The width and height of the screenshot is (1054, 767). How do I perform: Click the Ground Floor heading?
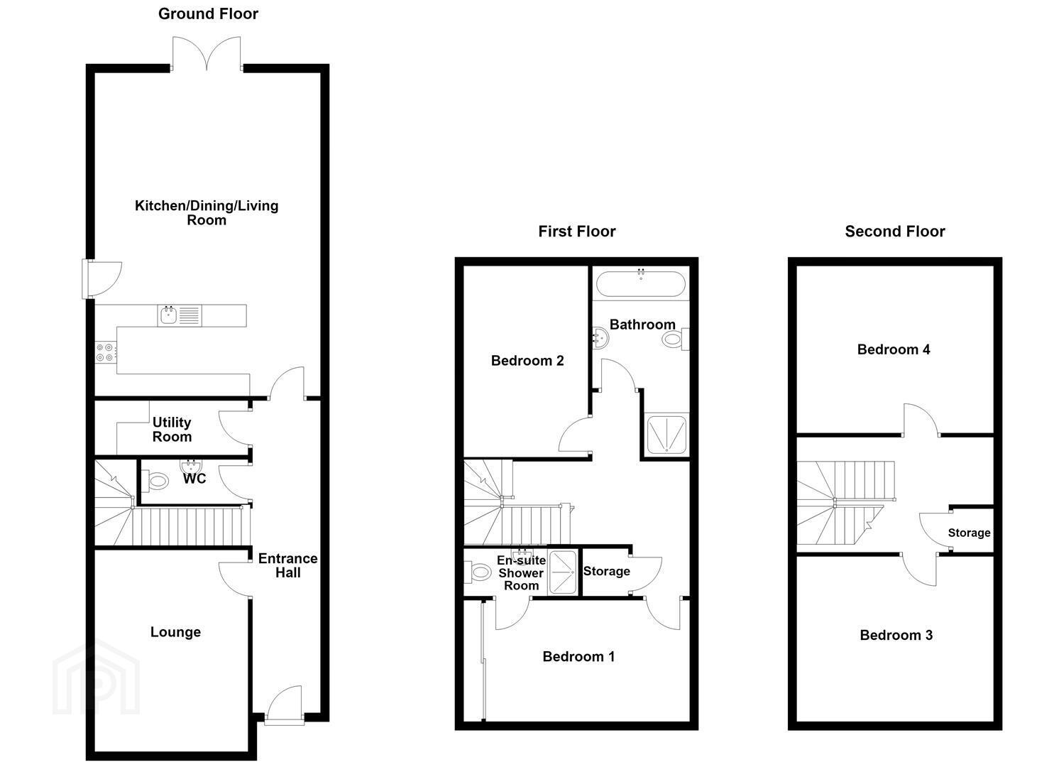pyautogui.click(x=208, y=14)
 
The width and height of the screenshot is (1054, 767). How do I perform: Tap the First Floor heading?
pyautogui.click(x=577, y=232)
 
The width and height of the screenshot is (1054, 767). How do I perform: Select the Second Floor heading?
pyautogui.click(x=895, y=232)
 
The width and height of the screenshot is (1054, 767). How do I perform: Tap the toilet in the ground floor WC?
pyautogui.click(x=155, y=482)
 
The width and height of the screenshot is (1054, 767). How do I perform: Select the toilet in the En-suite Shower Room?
pyautogui.click(x=478, y=572)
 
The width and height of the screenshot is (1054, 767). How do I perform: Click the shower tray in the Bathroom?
pyautogui.click(x=666, y=435)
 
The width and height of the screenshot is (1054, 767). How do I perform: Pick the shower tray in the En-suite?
pyautogui.click(x=563, y=572)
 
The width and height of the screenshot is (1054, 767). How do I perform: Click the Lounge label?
pyautogui.click(x=175, y=632)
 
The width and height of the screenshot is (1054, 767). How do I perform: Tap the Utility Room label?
pyautogui.click(x=172, y=430)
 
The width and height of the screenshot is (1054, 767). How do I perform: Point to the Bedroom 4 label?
pyautogui.click(x=894, y=349)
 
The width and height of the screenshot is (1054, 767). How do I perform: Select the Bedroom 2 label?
pyautogui.click(x=527, y=361)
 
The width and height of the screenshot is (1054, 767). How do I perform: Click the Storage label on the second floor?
pyautogui.click(x=969, y=533)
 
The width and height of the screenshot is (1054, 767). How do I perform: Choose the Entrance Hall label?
pyautogui.click(x=287, y=565)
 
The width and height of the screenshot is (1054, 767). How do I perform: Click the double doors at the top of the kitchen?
pyautogui.click(x=207, y=53)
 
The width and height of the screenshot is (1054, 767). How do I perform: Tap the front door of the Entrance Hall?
pyautogui.click(x=284, y=705)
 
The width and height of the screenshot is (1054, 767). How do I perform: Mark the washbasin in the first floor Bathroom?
pyautogui.click(x=600, y=337)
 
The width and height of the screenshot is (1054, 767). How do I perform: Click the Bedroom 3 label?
pyautogui.click(x=896, y=635)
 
